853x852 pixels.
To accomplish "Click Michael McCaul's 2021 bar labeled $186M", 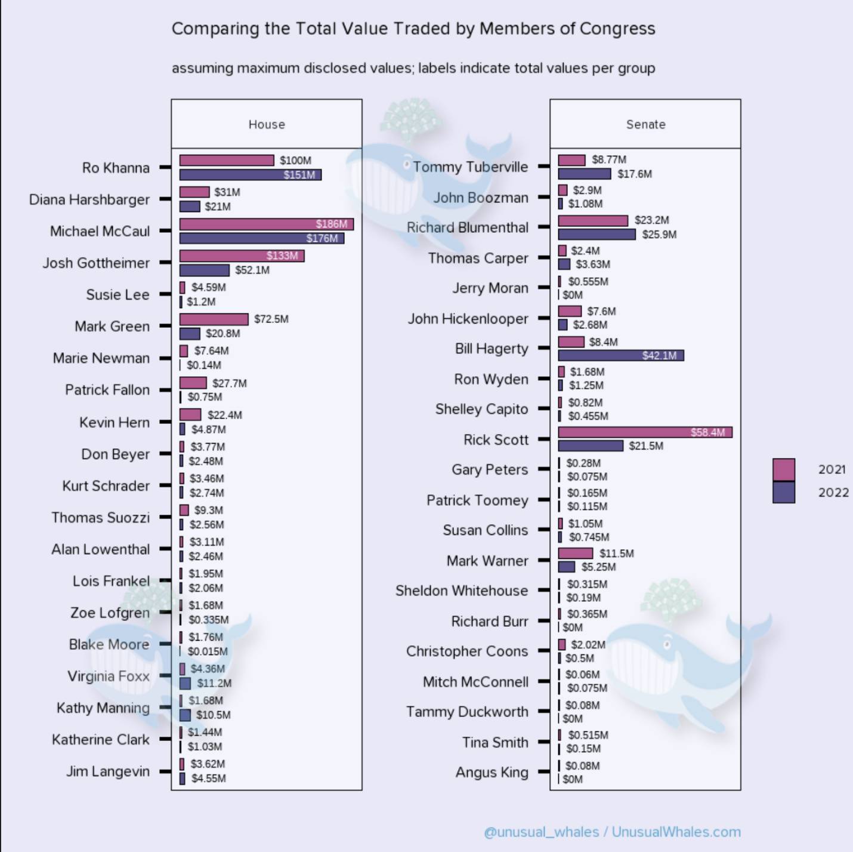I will [266, 224].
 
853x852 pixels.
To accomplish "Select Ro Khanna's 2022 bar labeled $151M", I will [251, 175].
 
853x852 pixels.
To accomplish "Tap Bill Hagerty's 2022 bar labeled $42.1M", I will [621, 356].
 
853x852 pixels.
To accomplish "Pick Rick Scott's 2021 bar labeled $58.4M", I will [645, 432].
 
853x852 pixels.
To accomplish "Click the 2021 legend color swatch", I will [783, 470].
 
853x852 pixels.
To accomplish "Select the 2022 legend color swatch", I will [783, 493].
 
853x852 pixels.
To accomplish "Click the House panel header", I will [267, 124].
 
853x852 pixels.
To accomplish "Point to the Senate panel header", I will [645, 124].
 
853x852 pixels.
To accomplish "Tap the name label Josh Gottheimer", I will [96, 263].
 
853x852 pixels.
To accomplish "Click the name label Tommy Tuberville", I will [470, 167].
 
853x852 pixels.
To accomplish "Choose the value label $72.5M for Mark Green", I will [271, 319].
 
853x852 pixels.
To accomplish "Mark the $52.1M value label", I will [252, 270].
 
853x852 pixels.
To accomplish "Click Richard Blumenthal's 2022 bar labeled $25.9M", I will [597, 235].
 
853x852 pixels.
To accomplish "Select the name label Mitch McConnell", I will [475, 682].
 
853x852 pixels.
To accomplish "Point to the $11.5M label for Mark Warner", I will [617, 553].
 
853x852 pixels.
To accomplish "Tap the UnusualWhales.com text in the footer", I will [676, 832].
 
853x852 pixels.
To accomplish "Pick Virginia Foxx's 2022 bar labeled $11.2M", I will [185, 683].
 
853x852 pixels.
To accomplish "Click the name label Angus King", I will [492, 772].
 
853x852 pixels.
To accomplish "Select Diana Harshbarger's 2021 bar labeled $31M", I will [194, 192].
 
